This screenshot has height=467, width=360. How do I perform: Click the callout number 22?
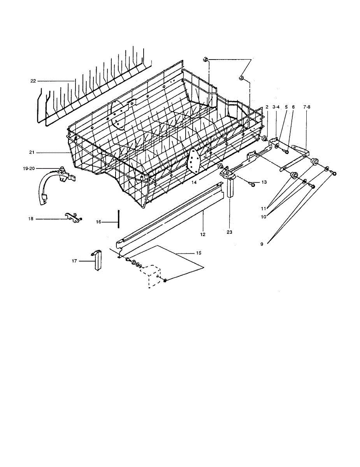point(33,81)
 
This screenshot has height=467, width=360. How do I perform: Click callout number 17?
point(74,261)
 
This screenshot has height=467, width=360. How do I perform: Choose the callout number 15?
point(198,253)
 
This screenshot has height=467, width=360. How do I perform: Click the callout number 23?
point(229,232)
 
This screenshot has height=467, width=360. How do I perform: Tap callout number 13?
point(264,182)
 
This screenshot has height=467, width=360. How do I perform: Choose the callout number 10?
point(264,217)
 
